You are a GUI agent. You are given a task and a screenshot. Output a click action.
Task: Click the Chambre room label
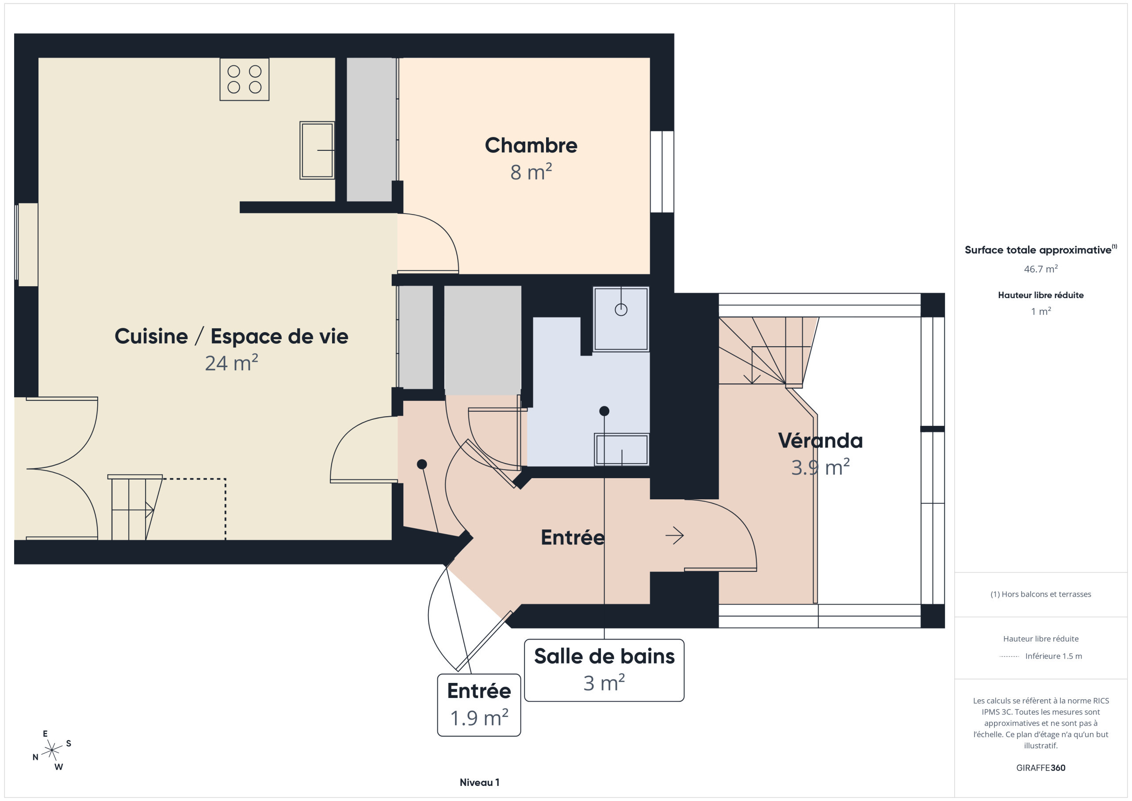tap(531, 146)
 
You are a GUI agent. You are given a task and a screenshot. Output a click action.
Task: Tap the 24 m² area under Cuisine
tap(231, 363)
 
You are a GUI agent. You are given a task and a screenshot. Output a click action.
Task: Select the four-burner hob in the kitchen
tap(245, 80)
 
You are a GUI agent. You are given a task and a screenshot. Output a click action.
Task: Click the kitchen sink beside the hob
tap(317, 150)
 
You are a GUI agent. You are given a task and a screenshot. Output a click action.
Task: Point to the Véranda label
tap(820, 441)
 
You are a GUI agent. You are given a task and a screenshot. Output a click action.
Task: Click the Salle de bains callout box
tap(604, 670)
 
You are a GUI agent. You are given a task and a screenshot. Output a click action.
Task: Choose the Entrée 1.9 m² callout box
tap(479, 705)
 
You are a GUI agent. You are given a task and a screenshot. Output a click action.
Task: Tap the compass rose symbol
tap(52, 750)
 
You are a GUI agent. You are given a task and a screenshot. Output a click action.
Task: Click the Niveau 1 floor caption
tap(479, 782)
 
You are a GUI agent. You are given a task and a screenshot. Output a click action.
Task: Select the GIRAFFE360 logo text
tap(1041, 768)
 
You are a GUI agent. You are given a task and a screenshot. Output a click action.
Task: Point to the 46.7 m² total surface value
tap(1041, 269)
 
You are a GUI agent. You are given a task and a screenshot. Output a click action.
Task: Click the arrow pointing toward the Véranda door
tap(674, 535)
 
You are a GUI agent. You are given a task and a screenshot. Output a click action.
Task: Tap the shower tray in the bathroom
tap(621, 319)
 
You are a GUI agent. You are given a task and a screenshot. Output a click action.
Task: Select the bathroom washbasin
tap(622, 449)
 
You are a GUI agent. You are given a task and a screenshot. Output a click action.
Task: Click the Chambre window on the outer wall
tap(662, 172)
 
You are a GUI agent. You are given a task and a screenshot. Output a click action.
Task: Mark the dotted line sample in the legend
tap(1009, 656)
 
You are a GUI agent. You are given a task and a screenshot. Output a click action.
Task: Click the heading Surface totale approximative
tap(1038, 250)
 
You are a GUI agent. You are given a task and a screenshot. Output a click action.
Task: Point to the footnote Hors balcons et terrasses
tap(1041, 594)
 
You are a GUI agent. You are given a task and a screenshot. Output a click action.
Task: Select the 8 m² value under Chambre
tap(531, 172)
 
